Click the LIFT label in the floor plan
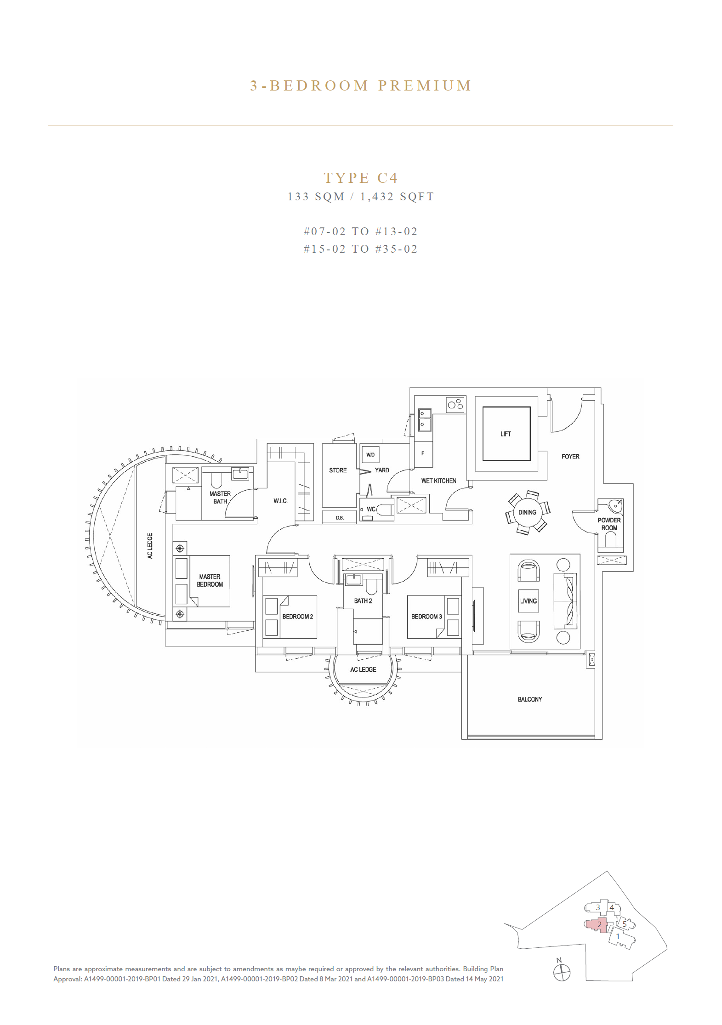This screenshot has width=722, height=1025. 506,434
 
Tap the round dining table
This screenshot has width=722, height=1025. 527,512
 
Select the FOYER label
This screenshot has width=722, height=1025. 570,456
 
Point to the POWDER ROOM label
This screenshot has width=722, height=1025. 609,524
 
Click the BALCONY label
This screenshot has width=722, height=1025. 530,699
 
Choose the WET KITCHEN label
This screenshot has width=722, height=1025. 438,481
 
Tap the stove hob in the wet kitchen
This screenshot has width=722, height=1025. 455,405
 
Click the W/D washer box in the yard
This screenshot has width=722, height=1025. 370,455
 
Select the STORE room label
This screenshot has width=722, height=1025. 338,470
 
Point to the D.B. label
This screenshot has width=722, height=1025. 340,518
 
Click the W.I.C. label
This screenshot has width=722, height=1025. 280,501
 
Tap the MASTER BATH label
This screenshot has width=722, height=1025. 220,498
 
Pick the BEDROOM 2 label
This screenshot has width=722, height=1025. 298,617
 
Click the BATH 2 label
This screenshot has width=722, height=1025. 363,601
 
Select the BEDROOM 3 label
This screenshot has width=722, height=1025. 426,617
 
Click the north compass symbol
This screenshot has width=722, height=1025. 562,973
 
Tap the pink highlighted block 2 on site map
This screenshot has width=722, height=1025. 597,925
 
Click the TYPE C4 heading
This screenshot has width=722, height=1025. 361,178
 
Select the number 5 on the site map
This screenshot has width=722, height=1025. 624,924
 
